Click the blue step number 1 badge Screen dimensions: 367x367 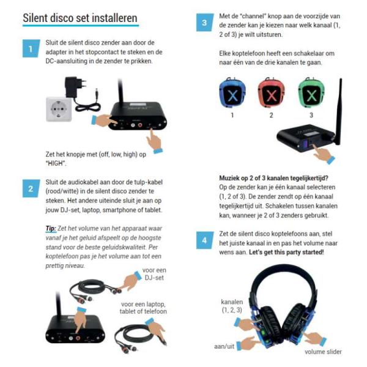[31, 48]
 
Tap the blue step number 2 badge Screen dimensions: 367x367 [31, 188]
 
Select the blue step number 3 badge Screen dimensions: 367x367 [205, 23]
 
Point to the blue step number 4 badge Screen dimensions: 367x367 [205, 240]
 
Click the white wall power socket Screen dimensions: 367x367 [59, 109]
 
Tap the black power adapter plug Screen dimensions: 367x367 [75, 87]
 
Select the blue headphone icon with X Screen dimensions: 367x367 [232, 93]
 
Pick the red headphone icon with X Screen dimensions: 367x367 [271, 93]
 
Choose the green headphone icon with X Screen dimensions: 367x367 [311, 93]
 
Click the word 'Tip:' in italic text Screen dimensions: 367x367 [51, 228]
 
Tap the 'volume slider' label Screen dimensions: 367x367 [323, 352]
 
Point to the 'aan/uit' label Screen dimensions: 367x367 [224, 346]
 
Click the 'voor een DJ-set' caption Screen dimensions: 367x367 [154, 274]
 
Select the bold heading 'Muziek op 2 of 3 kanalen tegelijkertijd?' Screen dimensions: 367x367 [273, 178]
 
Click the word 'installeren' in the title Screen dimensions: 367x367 [114, 18]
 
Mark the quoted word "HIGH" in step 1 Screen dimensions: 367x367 [56, 163]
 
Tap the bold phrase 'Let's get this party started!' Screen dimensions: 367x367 [286, 252]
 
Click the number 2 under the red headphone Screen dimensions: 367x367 [271, 115]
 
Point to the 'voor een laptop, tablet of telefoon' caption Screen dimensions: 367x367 [143, 308]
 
